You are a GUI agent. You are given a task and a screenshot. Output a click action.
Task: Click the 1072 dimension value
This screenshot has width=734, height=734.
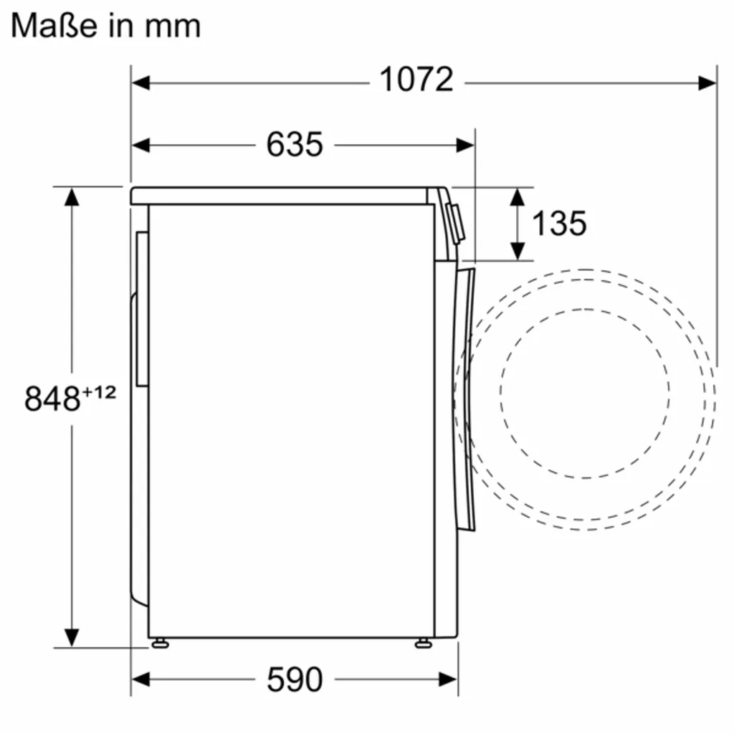coord(416,80)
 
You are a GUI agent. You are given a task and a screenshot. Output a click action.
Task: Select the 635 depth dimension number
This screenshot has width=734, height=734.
coord(295,144)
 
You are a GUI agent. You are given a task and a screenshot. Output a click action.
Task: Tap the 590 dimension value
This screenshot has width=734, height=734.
coord(295,680)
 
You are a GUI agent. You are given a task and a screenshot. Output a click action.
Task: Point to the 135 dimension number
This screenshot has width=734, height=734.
coord(559,223)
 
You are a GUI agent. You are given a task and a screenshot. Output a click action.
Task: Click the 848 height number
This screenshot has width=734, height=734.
coord(52,399)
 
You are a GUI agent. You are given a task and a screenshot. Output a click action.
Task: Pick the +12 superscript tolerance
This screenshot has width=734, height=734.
coord(99,392)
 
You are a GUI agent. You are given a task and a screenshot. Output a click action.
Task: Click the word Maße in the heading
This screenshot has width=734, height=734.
coord(54,25)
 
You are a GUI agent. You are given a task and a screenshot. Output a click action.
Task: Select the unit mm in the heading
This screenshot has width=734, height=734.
coord(173,27)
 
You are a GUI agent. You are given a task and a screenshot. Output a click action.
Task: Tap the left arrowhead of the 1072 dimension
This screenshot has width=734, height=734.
coord(141,83)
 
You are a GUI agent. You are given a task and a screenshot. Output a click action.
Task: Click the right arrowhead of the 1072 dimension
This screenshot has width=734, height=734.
coord(707,83)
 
